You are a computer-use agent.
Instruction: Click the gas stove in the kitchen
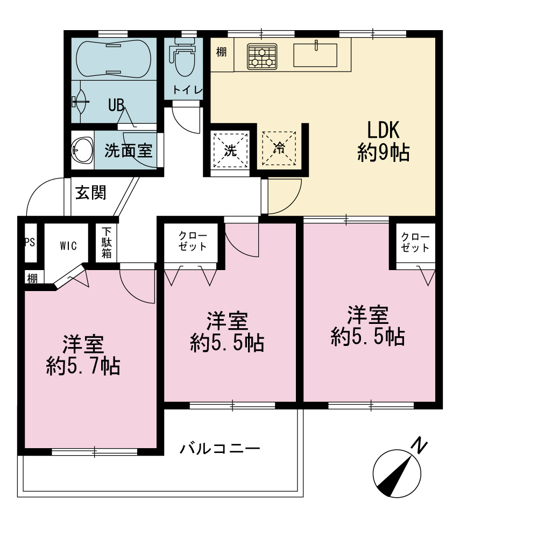pyautogui.click(x=262, y=56)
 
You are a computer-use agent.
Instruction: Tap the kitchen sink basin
pyautogui.click(x=315, y=55)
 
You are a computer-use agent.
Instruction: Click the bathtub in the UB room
pyautogui.click(x=113, y=58)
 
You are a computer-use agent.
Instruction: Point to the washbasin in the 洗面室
pyautogui.click(x=82, y=150)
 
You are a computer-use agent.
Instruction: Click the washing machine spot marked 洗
pyautogui.click(x=230, y=150)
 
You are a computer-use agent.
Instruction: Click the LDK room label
pyautogui.click(x=383, y=130)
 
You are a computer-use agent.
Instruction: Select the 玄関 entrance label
pyautogui.click(x=90, y=193)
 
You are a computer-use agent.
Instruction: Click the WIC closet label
pyautogui.click(x=68, y=246)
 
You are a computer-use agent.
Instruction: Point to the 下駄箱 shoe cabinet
pyautogui.click(x=107, y=243)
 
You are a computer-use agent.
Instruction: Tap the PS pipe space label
pyautogui.click(x=30, y=243)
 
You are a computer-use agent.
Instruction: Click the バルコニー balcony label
pyautogui.click(x=220, y=449)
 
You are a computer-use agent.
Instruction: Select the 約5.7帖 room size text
pyautogui.click(x=83, y=366)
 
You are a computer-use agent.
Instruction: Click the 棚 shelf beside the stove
pyautogui.click(x=222, y=52)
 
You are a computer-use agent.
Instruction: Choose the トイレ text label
pyautogui.click(x=187, y=90)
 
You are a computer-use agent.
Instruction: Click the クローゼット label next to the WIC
pyautogui.click(x=193, y=241)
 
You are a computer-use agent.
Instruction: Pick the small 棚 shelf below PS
pyautogui.click(x=32, y=278)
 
